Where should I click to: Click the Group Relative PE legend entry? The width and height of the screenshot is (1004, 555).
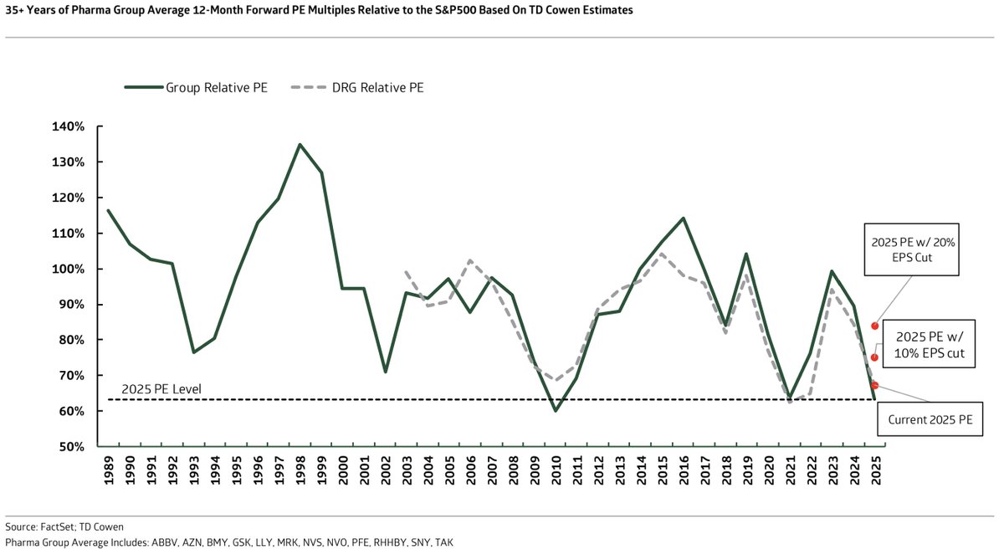(196, 87)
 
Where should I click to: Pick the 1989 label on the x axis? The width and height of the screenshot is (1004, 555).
(108, 472)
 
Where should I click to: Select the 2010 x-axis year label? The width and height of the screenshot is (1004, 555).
(555, 472)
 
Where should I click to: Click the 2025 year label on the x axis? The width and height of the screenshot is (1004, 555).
(874, 472)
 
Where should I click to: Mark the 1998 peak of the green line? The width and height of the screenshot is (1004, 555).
(300, 144)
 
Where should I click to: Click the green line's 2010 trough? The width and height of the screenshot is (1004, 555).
(555, 410)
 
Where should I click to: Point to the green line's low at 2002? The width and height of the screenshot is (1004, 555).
(385, 372)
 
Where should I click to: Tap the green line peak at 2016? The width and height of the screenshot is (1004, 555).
(683, 218)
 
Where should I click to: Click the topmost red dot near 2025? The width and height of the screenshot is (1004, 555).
(874, 326)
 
